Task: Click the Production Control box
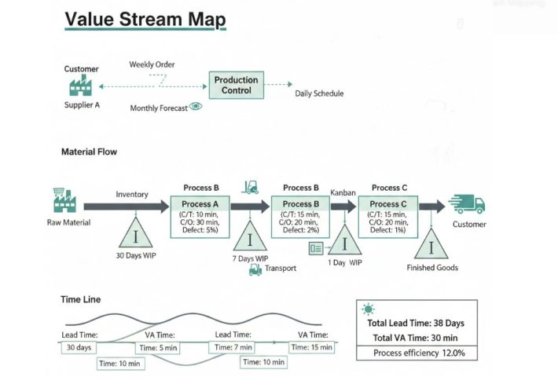point(237,86)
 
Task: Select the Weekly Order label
point(152,64)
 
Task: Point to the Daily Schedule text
point(319,93)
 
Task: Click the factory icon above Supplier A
point(81,85)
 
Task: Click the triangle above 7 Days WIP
point(250,238)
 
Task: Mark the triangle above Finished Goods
point(431,243)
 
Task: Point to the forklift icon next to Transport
point(255,269)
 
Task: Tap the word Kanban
point(343,192)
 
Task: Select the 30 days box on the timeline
point(78,347)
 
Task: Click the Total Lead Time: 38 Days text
point(416,323)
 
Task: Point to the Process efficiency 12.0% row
point(415,353)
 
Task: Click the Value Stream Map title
point(145,19)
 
